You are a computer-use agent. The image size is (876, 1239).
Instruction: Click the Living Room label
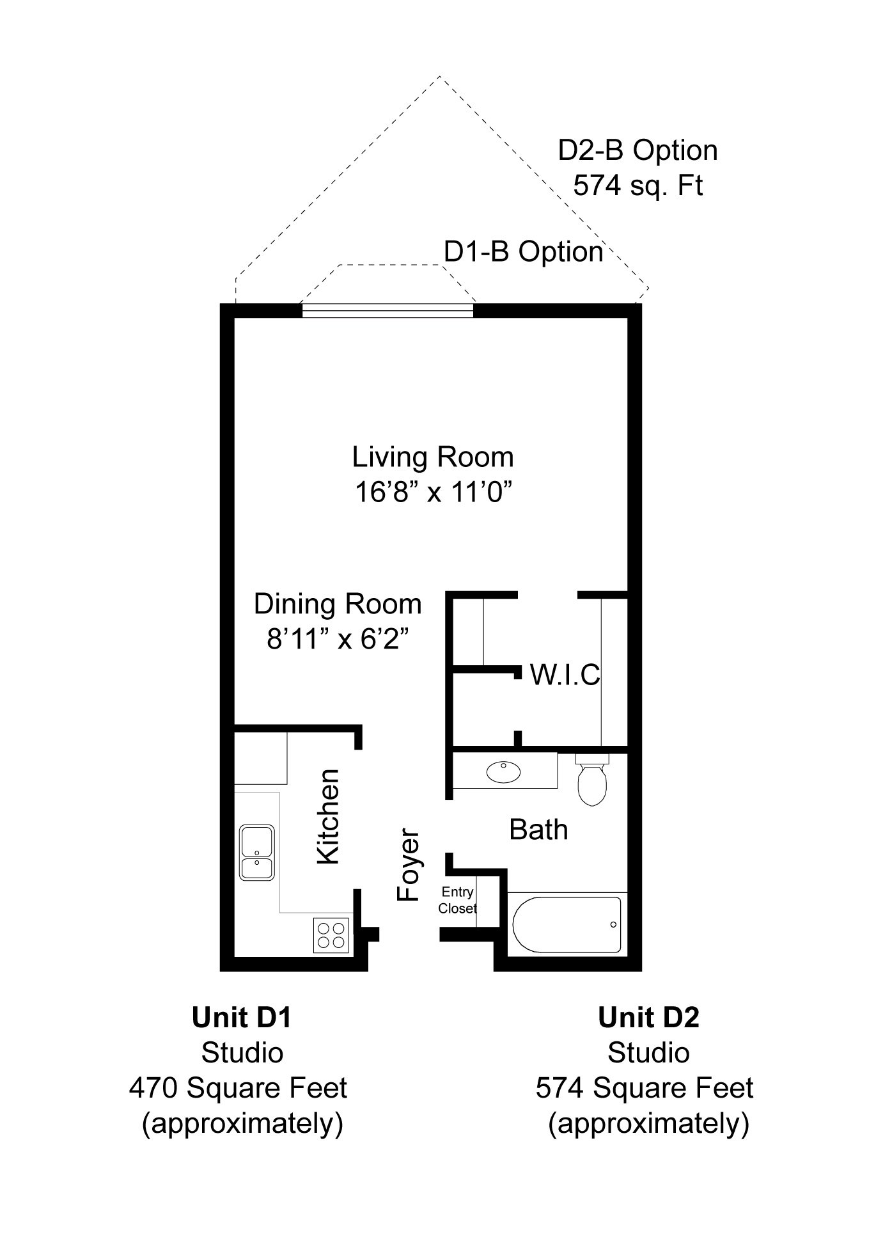[433, 457]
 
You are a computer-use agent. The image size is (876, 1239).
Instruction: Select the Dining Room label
[338, 604]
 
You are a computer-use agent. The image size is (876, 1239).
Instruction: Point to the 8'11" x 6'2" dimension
[338, 639]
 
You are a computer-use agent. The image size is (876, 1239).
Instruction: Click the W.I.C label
[565, 675]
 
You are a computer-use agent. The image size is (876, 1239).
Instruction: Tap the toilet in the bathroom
[592, 780]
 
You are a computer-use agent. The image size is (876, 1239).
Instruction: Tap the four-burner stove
[332, 935]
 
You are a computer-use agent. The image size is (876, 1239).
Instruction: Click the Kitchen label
[328, 817]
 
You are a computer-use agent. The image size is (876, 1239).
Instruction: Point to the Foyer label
[407, 865]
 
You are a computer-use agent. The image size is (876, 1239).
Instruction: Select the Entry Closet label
[457, 900]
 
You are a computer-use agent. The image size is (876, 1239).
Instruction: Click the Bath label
[538, 830]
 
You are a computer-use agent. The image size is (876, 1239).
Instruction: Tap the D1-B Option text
[524, 251]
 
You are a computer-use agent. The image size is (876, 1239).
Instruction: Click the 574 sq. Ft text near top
[638, 185]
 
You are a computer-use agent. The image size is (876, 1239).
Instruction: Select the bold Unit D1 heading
[242, 1017]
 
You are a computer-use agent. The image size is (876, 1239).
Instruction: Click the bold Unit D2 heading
[648, 1017]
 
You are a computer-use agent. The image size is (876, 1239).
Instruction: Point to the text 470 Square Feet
[238, 1087]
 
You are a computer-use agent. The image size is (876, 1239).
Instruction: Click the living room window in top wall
[387, 311]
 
